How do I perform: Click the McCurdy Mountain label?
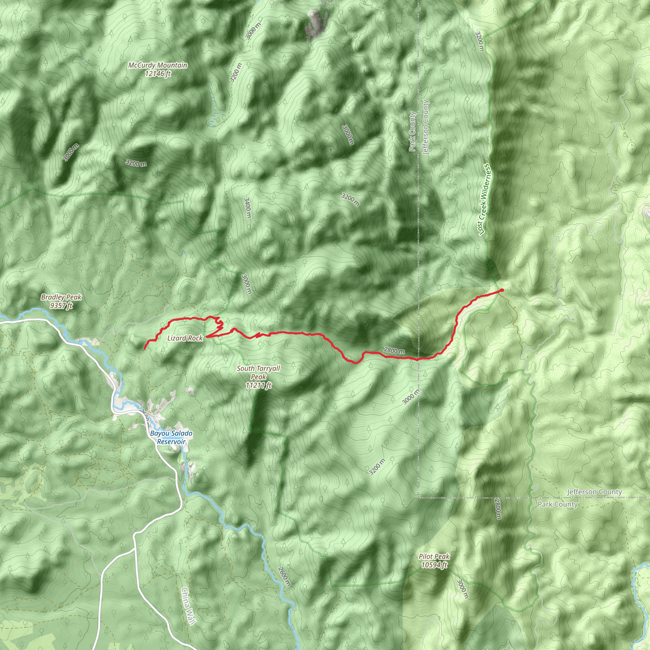point(157,65)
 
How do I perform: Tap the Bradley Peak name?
point(61,297)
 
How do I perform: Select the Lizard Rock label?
point(185,338)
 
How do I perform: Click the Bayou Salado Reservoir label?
point(171,437)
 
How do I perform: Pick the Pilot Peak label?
point(434,556)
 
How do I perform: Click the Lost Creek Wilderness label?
point(484,200)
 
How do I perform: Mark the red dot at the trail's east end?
point(502,290)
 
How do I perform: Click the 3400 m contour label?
point(247,208)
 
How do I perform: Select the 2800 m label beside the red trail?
point(394,351)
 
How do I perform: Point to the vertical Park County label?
point(413,131)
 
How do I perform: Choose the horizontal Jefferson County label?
point(594,492)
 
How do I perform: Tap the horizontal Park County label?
point(557,504)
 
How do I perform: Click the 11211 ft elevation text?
point(258,386)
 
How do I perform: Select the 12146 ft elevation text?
point(158,73)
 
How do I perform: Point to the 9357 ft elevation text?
point(61,306)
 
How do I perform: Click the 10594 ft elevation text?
point(434,565)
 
